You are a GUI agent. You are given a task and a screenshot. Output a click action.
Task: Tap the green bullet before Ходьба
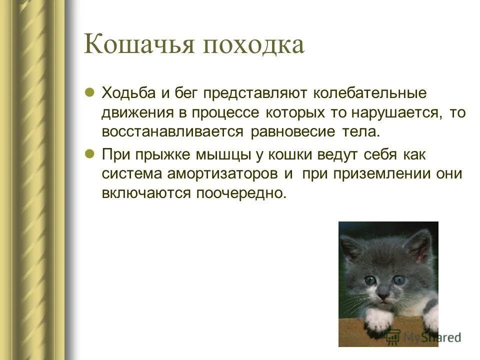click(x=90, y=92)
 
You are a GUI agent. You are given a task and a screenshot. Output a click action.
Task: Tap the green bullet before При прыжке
click(x=90, y=153)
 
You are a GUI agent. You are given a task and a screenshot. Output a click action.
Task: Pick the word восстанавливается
click(x=172, y=132)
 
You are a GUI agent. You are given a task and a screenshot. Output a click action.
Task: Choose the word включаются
click(x=143, y=193)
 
